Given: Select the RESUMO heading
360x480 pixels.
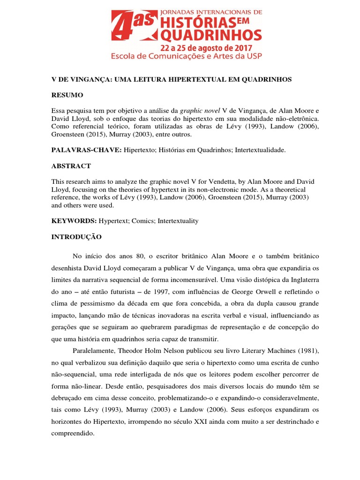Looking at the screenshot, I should (x=67, y=95).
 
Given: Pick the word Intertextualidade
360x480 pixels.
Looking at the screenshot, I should (x=259, y=150).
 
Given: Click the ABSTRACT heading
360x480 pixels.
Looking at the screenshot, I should (x=71, y=166).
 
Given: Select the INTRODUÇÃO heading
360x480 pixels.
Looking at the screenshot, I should (x=76, y=237).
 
